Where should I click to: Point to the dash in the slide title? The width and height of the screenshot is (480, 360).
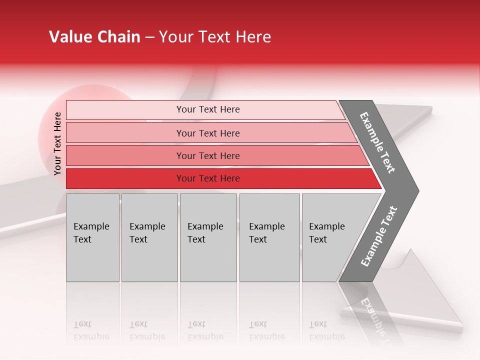(x=149, y=37)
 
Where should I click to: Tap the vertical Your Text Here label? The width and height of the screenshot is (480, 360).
(x=57, y=143)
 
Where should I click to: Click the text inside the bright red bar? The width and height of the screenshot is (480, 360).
(x=207, y=178)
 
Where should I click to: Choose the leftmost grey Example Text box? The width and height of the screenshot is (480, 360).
(x=92, y=237)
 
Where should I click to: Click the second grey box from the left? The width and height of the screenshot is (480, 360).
(x=149, y=237)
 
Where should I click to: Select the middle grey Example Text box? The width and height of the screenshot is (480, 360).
(x=208, y=237)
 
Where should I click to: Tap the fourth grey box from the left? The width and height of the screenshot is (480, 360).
(x=269, y=237)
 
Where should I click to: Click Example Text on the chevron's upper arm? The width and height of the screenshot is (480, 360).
(x=377, y=142)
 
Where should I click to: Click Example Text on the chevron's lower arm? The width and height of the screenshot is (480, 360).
(x=379, y=236)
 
